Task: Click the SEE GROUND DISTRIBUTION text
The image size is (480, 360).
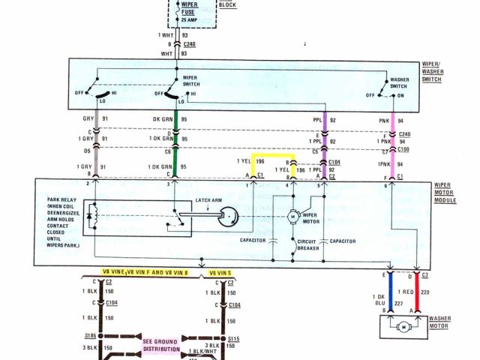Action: click(x=161, y=345)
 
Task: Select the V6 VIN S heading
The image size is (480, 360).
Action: click(x=219, y=271)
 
